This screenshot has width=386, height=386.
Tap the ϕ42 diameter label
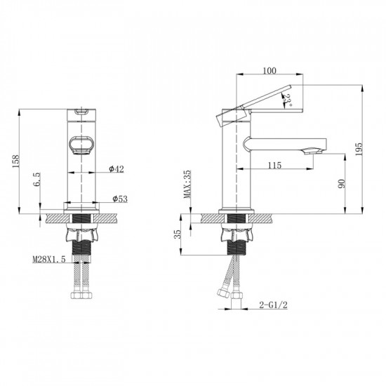(117, 169)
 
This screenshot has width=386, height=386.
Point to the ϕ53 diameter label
(120, 200)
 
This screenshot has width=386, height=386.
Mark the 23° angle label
(288, 102)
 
